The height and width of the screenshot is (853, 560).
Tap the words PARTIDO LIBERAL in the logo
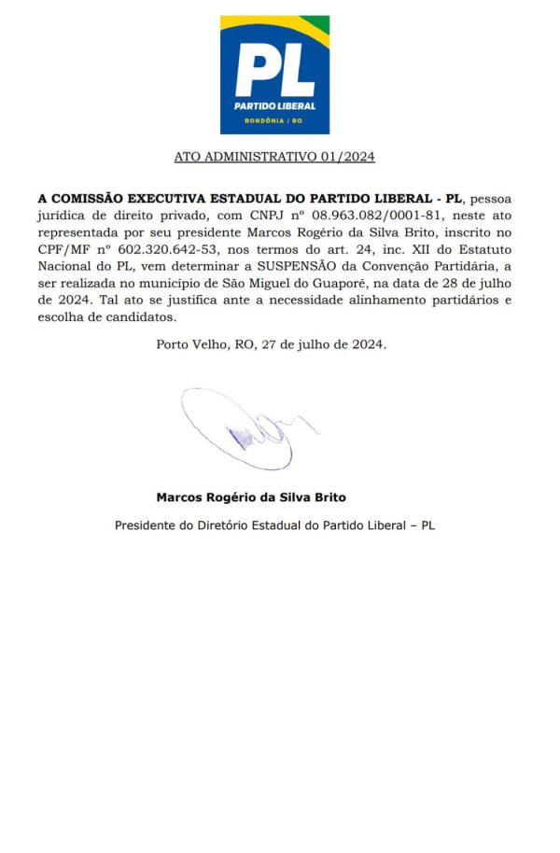coord(274,105)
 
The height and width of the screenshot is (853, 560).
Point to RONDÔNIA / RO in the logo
coord(274,121)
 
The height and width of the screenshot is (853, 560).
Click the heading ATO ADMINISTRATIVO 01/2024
coord(274,157)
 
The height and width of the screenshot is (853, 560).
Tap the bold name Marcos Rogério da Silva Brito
coord(251,497)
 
